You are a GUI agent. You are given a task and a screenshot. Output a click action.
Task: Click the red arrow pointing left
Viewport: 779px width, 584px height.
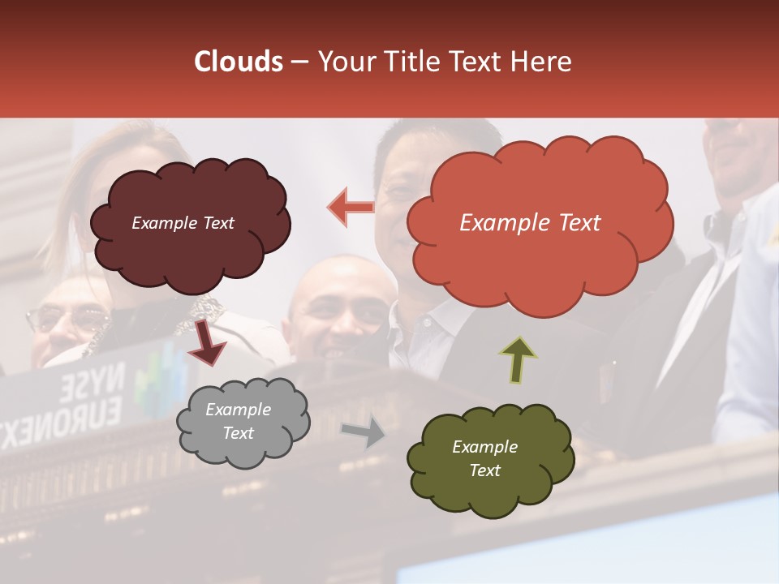351,207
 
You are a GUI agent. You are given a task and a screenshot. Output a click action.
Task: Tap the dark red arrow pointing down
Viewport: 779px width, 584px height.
208,341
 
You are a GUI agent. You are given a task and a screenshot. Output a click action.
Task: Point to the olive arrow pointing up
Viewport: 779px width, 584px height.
518,359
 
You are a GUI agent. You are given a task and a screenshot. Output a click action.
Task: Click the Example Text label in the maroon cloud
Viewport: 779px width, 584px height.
183,223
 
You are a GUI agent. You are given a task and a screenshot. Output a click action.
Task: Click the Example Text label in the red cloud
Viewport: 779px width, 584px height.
530,223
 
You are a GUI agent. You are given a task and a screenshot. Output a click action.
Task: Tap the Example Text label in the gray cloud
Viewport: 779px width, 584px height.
239,421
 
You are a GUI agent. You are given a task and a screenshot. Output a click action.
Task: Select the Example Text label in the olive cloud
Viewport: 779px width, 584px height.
484,458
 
